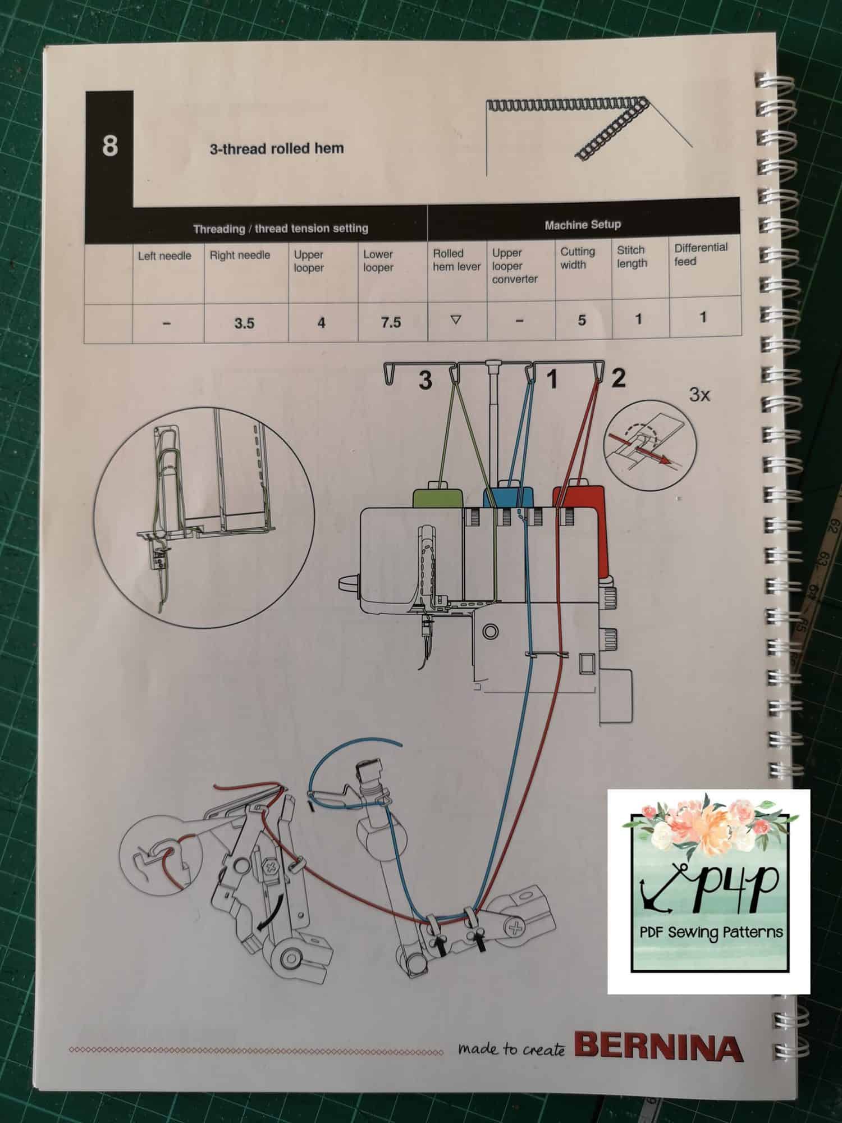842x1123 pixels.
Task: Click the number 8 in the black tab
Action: coord(110,146)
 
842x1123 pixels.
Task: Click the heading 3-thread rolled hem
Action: coord(277,149)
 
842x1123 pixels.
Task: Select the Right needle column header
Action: coord(240,255)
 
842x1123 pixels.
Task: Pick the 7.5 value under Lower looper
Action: coord(391,322)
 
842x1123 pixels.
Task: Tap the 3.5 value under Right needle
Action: coord(244,323)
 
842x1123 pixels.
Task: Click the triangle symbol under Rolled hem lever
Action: coord(456,320)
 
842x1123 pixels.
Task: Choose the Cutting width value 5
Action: coord(582,320)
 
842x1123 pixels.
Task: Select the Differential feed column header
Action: coord(701,254)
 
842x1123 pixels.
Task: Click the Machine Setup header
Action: coord(583,225)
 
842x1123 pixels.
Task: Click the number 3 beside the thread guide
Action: coord(425,380)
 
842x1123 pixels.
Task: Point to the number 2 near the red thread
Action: coord(618,378)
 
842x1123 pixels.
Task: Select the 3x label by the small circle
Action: coord(699,395)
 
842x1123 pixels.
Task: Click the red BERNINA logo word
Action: coord(658,1047)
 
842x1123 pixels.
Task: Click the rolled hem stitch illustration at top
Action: coord(587,128)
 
